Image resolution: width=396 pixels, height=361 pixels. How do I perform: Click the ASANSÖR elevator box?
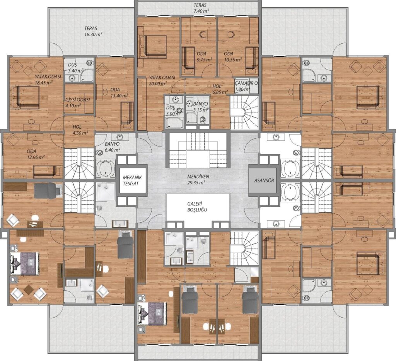264,180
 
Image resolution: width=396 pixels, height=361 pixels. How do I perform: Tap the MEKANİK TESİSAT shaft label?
131,180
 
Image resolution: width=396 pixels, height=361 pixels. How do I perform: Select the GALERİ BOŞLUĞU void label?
197,206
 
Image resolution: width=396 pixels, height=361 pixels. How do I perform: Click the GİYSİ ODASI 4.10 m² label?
77,102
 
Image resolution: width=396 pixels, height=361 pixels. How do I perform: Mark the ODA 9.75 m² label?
205,56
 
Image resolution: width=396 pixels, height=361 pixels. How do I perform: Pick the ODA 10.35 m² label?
233,56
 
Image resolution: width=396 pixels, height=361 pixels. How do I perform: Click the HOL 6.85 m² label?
220,89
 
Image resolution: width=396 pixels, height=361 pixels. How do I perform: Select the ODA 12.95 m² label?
36,154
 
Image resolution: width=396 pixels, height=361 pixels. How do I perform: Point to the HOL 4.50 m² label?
80,130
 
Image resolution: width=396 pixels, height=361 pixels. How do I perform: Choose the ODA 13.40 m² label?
119,93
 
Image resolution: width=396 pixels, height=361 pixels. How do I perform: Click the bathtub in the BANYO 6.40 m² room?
105,168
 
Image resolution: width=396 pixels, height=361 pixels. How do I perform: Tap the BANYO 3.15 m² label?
201,107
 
